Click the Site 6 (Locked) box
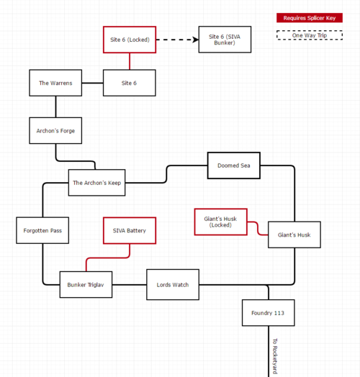tap(130, 40)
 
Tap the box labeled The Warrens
tap(55, 83)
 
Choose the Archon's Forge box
tap(55, 131)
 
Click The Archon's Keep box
tap(96, 183)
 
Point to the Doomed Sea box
tap(233, 165)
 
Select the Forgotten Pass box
tap(42, 230)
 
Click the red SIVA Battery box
tap(130, 230)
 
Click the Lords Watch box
tap(173, 285)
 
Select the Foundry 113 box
tap(268, 313)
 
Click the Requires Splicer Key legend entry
tap(310, 18)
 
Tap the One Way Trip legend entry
tap(310, 35)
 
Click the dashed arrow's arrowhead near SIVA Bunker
tap(195, 40)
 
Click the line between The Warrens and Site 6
tap(92, 83)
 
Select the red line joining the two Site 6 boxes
tap(130, 61)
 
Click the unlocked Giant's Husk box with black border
tap(294, 235)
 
